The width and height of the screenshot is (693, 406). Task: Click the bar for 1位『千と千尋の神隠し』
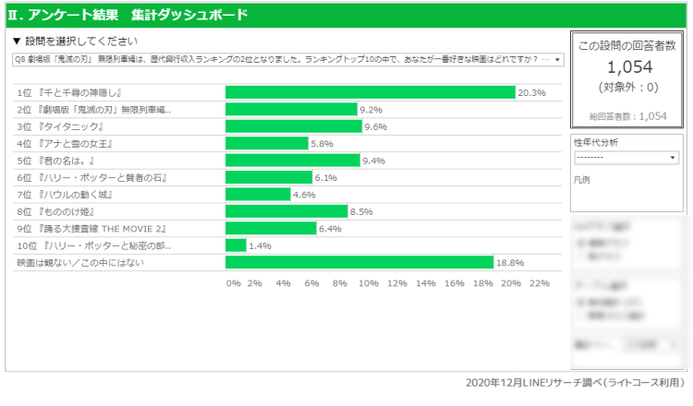click(x=370, y=92)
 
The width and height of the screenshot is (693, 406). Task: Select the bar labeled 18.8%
click(x=359, y=263)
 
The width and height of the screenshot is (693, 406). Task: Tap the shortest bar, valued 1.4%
click(x=236, y=245)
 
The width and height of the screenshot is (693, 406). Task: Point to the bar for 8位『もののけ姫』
click(x=286, y=211)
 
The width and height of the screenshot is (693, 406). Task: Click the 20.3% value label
click(x=532, y=93)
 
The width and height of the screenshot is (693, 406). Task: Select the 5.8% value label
click(x=322, y=144)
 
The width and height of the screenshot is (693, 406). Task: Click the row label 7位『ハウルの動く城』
click(x=61, y=195)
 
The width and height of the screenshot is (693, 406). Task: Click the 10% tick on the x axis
click(x=369, y=283)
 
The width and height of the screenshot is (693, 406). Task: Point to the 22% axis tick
click(x=539, y=283)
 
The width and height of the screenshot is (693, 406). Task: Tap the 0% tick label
click(x=234, y=283)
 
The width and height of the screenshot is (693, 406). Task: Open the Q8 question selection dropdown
click(x=287, y=59)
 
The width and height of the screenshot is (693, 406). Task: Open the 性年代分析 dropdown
click(x=626, y=157)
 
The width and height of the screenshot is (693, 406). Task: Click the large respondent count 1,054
click(x=627, y=66)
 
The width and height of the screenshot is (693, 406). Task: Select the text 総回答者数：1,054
click(x=627, y=117)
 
